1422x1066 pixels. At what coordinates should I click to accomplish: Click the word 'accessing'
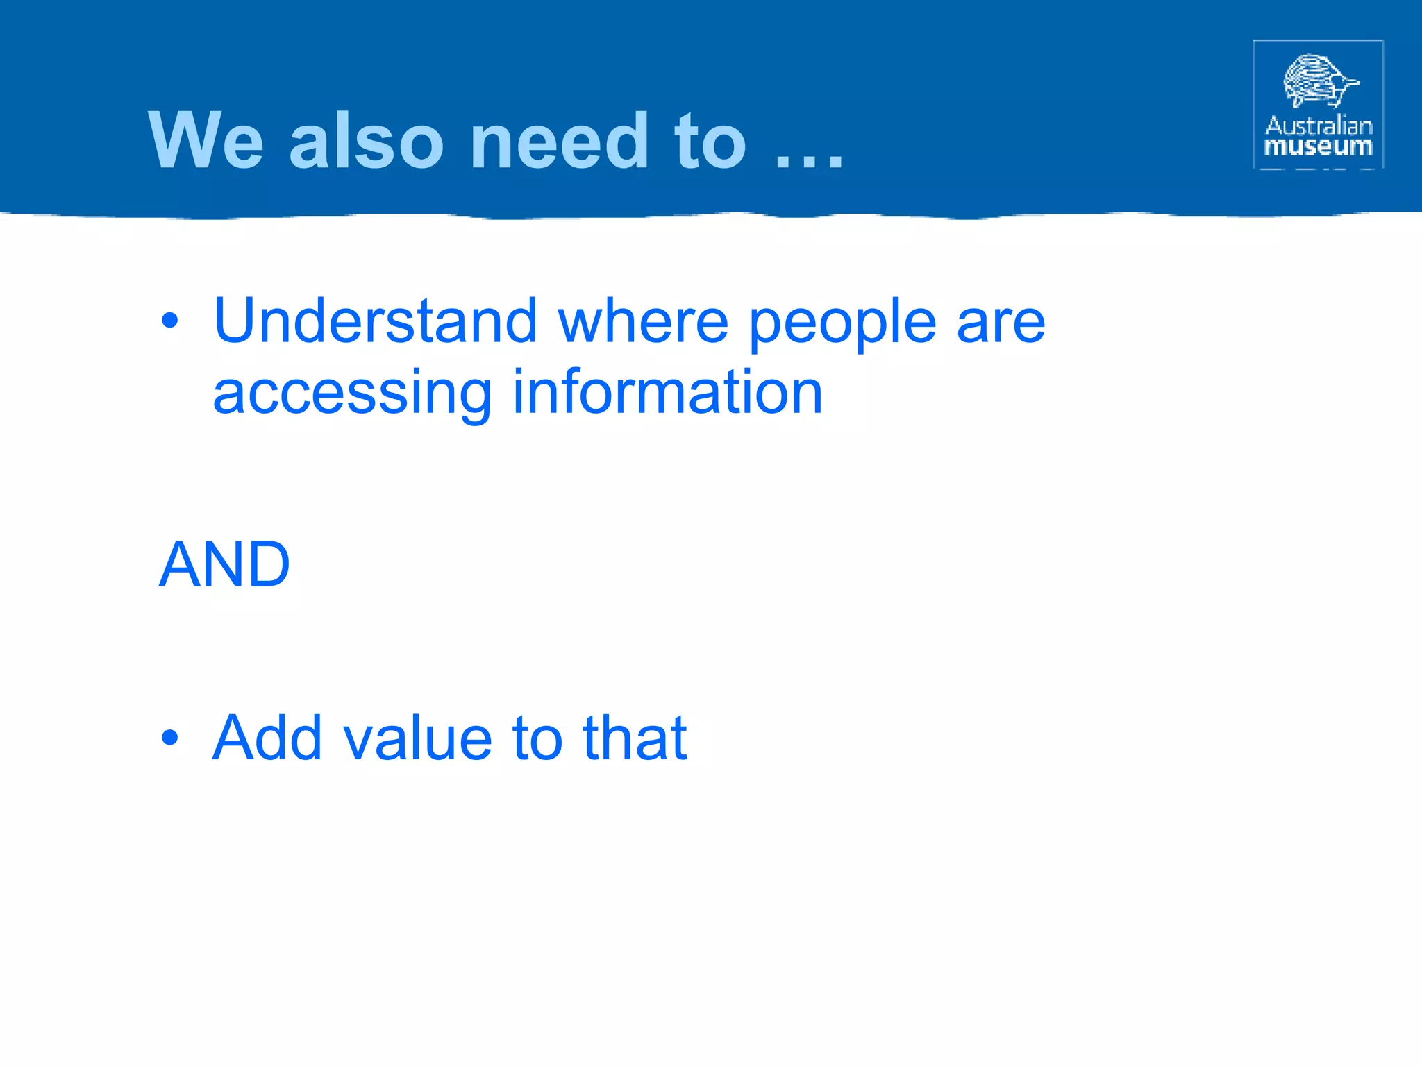352,394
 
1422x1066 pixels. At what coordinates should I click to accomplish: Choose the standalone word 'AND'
224,564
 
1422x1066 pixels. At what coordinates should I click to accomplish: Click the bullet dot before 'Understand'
169,321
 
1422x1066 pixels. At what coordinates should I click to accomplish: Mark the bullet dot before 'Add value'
169,738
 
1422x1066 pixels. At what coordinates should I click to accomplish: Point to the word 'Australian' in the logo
1319,126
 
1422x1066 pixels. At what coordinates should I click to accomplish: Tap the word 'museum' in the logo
1319,147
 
